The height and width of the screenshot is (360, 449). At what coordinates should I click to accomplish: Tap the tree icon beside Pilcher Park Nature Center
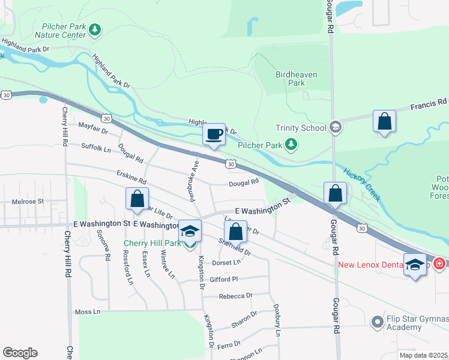[95, 29]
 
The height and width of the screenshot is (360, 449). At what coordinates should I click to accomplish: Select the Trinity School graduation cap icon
[335, 127]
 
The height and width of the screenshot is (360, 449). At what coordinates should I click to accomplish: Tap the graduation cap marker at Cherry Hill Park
[190, 231]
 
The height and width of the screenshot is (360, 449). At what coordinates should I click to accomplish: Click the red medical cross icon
[439, 264]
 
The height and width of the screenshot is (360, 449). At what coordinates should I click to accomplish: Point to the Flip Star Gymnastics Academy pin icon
[377, 322]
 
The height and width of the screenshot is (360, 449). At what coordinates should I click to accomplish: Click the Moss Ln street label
[88, 312]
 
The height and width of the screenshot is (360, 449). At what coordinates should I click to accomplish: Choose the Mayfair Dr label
[93, 127]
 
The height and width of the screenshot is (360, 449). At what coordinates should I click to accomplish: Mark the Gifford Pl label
[224, 279]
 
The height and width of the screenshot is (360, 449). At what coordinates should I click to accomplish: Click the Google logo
[20, 353]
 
